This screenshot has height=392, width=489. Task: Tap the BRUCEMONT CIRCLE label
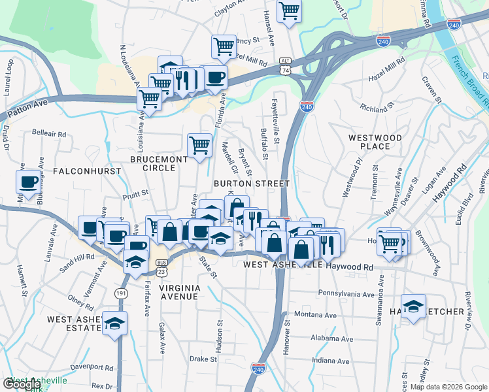[x=152, y=163]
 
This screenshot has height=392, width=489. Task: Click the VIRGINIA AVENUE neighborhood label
[x=169, y=291]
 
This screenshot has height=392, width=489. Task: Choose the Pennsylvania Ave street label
[x=344, y=293]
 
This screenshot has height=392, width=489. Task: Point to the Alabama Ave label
[x=331, y=339]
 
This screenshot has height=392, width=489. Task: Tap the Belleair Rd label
[x=50, y=133]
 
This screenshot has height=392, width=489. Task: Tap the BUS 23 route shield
[x=161, y=265]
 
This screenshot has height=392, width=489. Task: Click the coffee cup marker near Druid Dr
[x=29, y=182]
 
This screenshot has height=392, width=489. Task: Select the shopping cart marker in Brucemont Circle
[x=199, y=145]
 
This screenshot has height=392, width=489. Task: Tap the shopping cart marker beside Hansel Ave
[x=289, y=10]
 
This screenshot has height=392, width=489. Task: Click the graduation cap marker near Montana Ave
[x=413, y=306]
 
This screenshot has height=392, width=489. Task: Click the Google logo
[x=22, y=385]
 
